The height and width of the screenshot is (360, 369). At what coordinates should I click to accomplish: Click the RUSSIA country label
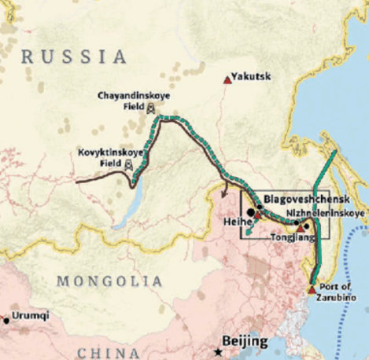point(74,57)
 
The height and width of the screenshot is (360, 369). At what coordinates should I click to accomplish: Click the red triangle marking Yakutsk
point(228,79)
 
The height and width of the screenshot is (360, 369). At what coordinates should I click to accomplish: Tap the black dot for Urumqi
point(7,320)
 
